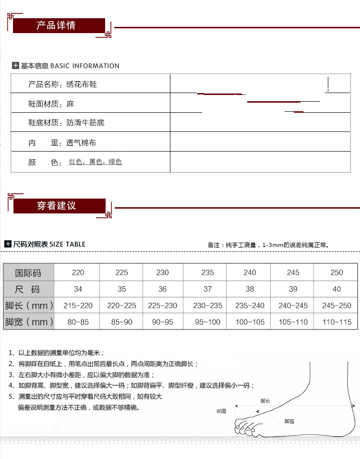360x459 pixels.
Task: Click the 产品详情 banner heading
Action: click(x=56, y=25)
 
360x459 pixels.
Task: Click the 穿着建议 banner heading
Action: click(x=56, y=206)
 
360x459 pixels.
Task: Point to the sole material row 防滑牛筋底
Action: click(x=66, y=123)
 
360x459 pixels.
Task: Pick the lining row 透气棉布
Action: click(x=62, y=143)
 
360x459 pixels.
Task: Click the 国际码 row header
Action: click(x=28, y=273)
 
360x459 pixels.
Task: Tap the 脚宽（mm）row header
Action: click(x=29, y=322)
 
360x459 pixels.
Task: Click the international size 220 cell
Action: click(x=78, y=272)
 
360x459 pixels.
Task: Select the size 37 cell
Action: click(x=208, y=289)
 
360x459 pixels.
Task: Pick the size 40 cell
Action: click(x=336, y=289)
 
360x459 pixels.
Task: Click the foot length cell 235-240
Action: click(x=250, y=306)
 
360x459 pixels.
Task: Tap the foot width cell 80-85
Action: click(x=78, y=322)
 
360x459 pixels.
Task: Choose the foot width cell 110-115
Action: click(x=336, y=322)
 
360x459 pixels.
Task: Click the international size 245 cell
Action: click(x=293, y=272)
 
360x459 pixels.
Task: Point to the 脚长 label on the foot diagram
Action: click(x=265, y=400)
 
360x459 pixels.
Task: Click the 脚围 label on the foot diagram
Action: click(x=289, y=421)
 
